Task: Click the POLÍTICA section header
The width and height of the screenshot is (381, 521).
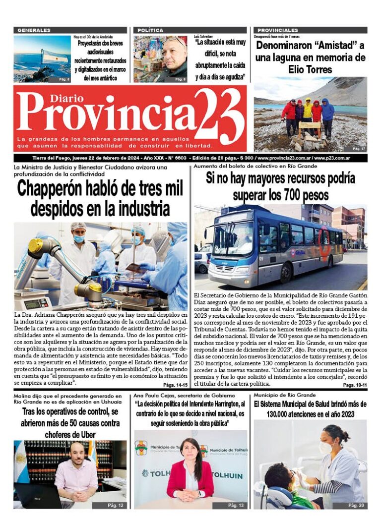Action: coord(150,30)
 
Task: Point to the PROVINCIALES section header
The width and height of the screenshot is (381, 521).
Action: coord(278,30)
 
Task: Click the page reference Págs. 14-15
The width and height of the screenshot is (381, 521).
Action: coord(176,385)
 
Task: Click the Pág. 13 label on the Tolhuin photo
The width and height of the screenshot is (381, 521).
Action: coord(236,505)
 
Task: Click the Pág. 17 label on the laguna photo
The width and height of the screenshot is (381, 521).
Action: coord(359,148)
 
